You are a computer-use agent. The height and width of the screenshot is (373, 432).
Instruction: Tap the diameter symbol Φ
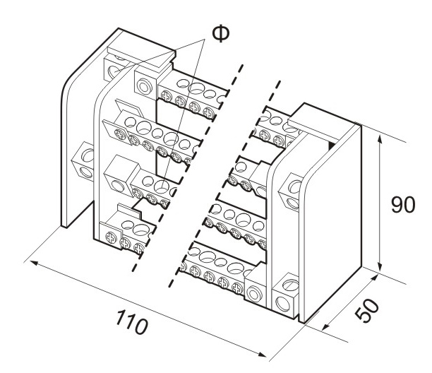[220, 33]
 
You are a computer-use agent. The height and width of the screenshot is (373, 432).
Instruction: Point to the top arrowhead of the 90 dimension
[380, 140]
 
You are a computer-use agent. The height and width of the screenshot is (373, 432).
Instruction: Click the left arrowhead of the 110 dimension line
[30, 261]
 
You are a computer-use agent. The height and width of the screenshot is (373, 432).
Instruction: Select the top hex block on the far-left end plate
[114, 68]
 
